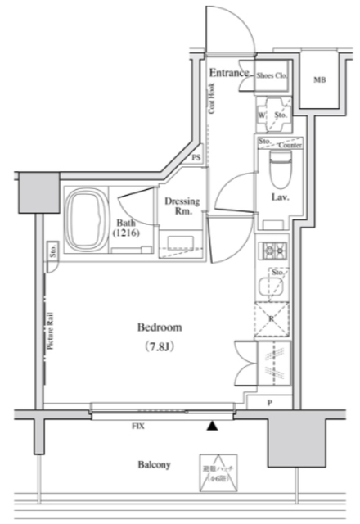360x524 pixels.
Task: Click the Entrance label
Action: (228, 73)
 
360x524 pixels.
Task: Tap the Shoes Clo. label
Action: (271, 75)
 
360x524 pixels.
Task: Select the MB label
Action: (318, 80)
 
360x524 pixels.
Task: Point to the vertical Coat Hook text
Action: (212, 105)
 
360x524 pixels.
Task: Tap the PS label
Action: (196, 158)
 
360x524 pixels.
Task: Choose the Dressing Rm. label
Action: (178, 206)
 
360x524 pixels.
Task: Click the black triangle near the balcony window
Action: (212, 425)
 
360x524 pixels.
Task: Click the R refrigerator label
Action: (271, 316)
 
